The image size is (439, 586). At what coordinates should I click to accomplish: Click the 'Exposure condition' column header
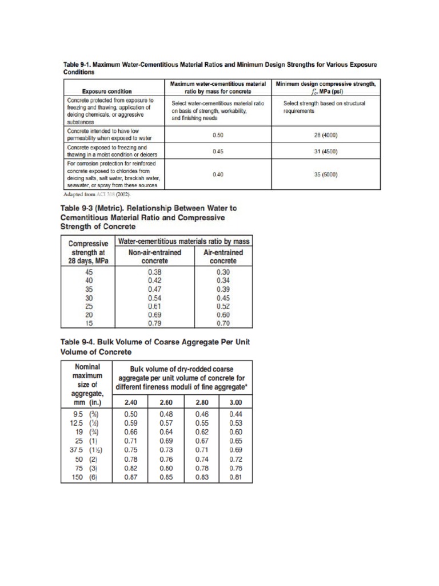click(x=107, y=91)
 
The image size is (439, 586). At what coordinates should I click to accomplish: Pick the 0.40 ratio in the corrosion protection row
click(x=218, y=175)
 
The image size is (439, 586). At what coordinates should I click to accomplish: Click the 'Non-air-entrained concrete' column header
click(x=156, y=256)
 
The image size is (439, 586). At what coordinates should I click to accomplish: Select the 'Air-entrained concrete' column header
click(x=223, y=256)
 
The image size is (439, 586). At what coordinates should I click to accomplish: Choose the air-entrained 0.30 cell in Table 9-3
click(x=223, y=272)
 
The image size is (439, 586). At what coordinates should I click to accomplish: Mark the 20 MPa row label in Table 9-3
click(x=89, y=314)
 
